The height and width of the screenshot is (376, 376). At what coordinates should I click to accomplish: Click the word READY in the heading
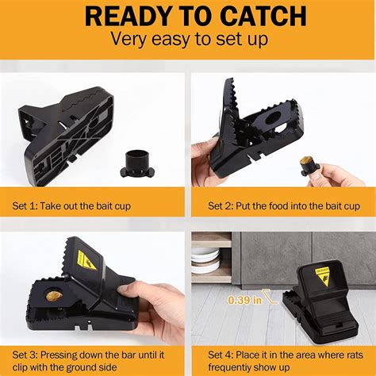(x=129, y=16)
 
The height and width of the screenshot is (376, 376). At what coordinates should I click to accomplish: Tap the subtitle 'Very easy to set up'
(x=190, y=39)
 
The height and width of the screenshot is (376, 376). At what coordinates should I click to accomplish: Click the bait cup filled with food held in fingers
(x=309, y=166)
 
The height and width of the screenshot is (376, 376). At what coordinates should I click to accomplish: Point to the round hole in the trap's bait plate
(x=274, y=117)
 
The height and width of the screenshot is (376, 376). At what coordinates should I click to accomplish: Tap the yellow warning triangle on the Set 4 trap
(x=324, y=276)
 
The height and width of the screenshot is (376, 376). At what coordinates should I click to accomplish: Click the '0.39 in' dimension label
(x=245, y=300)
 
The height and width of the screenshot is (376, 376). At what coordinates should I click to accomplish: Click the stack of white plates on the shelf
(x=205, y=261)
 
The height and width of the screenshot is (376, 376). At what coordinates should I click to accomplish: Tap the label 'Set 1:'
(x=25, y=206)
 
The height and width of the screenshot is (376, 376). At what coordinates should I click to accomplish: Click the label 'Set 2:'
(x=221, y=206)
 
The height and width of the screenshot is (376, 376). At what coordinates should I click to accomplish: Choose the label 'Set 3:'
(x=25, y=355)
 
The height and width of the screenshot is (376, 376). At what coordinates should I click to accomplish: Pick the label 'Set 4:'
(x=221, y=355)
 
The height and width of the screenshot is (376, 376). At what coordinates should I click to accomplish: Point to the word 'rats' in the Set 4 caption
(x=355, y=355)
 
